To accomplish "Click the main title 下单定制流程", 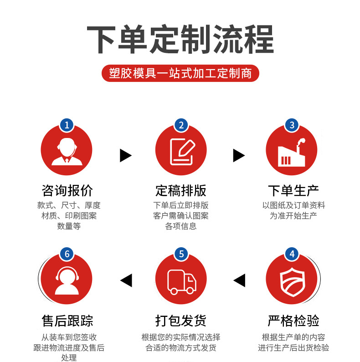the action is click(x=180, y=40).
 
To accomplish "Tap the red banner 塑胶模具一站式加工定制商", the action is click(x=180, y=73).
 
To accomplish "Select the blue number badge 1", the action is click(x=67, y=125).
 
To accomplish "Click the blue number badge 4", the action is click(x=292, y=254).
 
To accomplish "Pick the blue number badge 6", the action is click(x=67, y=254).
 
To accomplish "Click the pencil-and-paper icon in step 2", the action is click(x=181, y=151).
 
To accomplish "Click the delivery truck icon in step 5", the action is click(x=181, y=281).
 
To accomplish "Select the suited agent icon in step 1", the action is click(x=67, y=151).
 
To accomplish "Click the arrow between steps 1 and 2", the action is click(x=125, y=156).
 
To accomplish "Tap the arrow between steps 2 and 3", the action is click(x=239, y=156).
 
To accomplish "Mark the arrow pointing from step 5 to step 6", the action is click(x=126, y=280).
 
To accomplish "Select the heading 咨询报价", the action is click(x=67, y=190).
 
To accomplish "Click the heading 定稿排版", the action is click(x=181, y=190).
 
